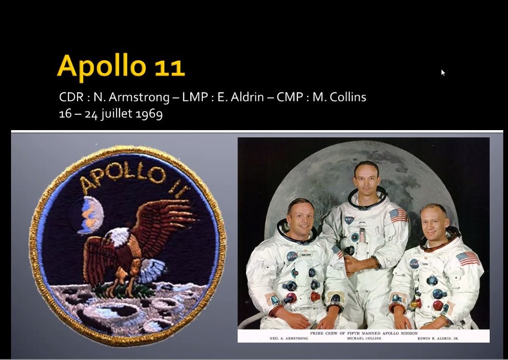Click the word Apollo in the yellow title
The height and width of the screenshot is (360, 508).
102,67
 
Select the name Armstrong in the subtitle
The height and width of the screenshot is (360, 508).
139,97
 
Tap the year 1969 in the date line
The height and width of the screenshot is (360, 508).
149,114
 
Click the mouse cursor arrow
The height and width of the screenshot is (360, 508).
443,73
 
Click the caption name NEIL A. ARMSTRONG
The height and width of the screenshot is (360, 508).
288,338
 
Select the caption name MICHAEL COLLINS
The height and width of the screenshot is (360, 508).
364,338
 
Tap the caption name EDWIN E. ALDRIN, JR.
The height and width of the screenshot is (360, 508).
438,338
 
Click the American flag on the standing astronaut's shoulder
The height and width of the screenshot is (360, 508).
399,215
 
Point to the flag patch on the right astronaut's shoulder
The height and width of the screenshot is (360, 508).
468,258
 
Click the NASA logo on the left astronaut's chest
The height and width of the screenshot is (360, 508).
292,256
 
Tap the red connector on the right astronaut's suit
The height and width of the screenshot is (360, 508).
438,305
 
